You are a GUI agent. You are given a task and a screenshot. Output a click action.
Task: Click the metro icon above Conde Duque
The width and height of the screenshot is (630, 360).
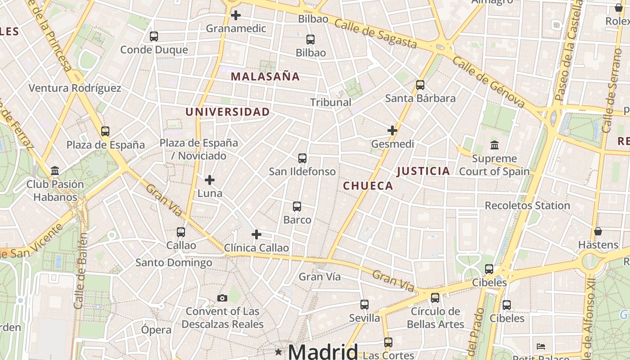coord(154,36)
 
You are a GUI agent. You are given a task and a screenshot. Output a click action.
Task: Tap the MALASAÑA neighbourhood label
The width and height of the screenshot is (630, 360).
coord(265,76)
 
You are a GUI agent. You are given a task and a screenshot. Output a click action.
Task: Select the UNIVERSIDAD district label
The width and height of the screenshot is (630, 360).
coord(228,112)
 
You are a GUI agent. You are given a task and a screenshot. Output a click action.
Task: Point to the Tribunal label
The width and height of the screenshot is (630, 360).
coord(331,102)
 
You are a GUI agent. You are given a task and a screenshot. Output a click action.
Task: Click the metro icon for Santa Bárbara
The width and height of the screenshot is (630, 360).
coord(420,85)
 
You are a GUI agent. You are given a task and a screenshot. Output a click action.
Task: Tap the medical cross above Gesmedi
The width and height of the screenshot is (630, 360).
coord(392,131)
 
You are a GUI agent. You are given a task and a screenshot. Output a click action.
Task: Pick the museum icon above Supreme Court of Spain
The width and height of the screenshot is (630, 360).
coord(495,145)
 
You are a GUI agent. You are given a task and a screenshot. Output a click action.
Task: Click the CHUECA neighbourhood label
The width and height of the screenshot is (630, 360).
coord(368,186)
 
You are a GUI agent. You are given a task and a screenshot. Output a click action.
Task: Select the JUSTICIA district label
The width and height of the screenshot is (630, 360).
coord(423,171)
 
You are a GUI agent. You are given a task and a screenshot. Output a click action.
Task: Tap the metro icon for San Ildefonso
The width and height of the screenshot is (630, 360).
coord(302,158)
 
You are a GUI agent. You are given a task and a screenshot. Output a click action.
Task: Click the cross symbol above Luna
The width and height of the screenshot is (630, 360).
coord(210,180)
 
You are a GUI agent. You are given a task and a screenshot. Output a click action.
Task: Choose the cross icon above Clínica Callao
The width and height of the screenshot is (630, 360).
coord(256,234)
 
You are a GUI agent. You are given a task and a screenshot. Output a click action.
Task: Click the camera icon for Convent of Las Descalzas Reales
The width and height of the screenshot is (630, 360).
coord(222,298)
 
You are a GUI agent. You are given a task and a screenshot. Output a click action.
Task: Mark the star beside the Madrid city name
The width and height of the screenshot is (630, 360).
coord(279,351)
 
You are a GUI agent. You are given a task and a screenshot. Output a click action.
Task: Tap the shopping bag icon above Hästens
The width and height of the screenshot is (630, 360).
coord(598,232)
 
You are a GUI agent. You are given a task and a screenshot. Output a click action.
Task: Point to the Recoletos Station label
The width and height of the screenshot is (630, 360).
coord(527,206)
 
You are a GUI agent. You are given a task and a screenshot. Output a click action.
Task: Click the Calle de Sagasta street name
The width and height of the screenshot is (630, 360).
coord(376,34)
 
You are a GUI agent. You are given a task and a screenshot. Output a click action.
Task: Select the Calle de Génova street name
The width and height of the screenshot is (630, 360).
coord(489,82)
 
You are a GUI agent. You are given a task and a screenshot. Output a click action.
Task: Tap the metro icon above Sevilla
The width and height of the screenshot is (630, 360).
coord(364,305)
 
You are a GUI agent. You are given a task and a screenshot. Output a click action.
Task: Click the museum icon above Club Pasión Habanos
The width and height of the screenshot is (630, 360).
coord(55,171)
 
